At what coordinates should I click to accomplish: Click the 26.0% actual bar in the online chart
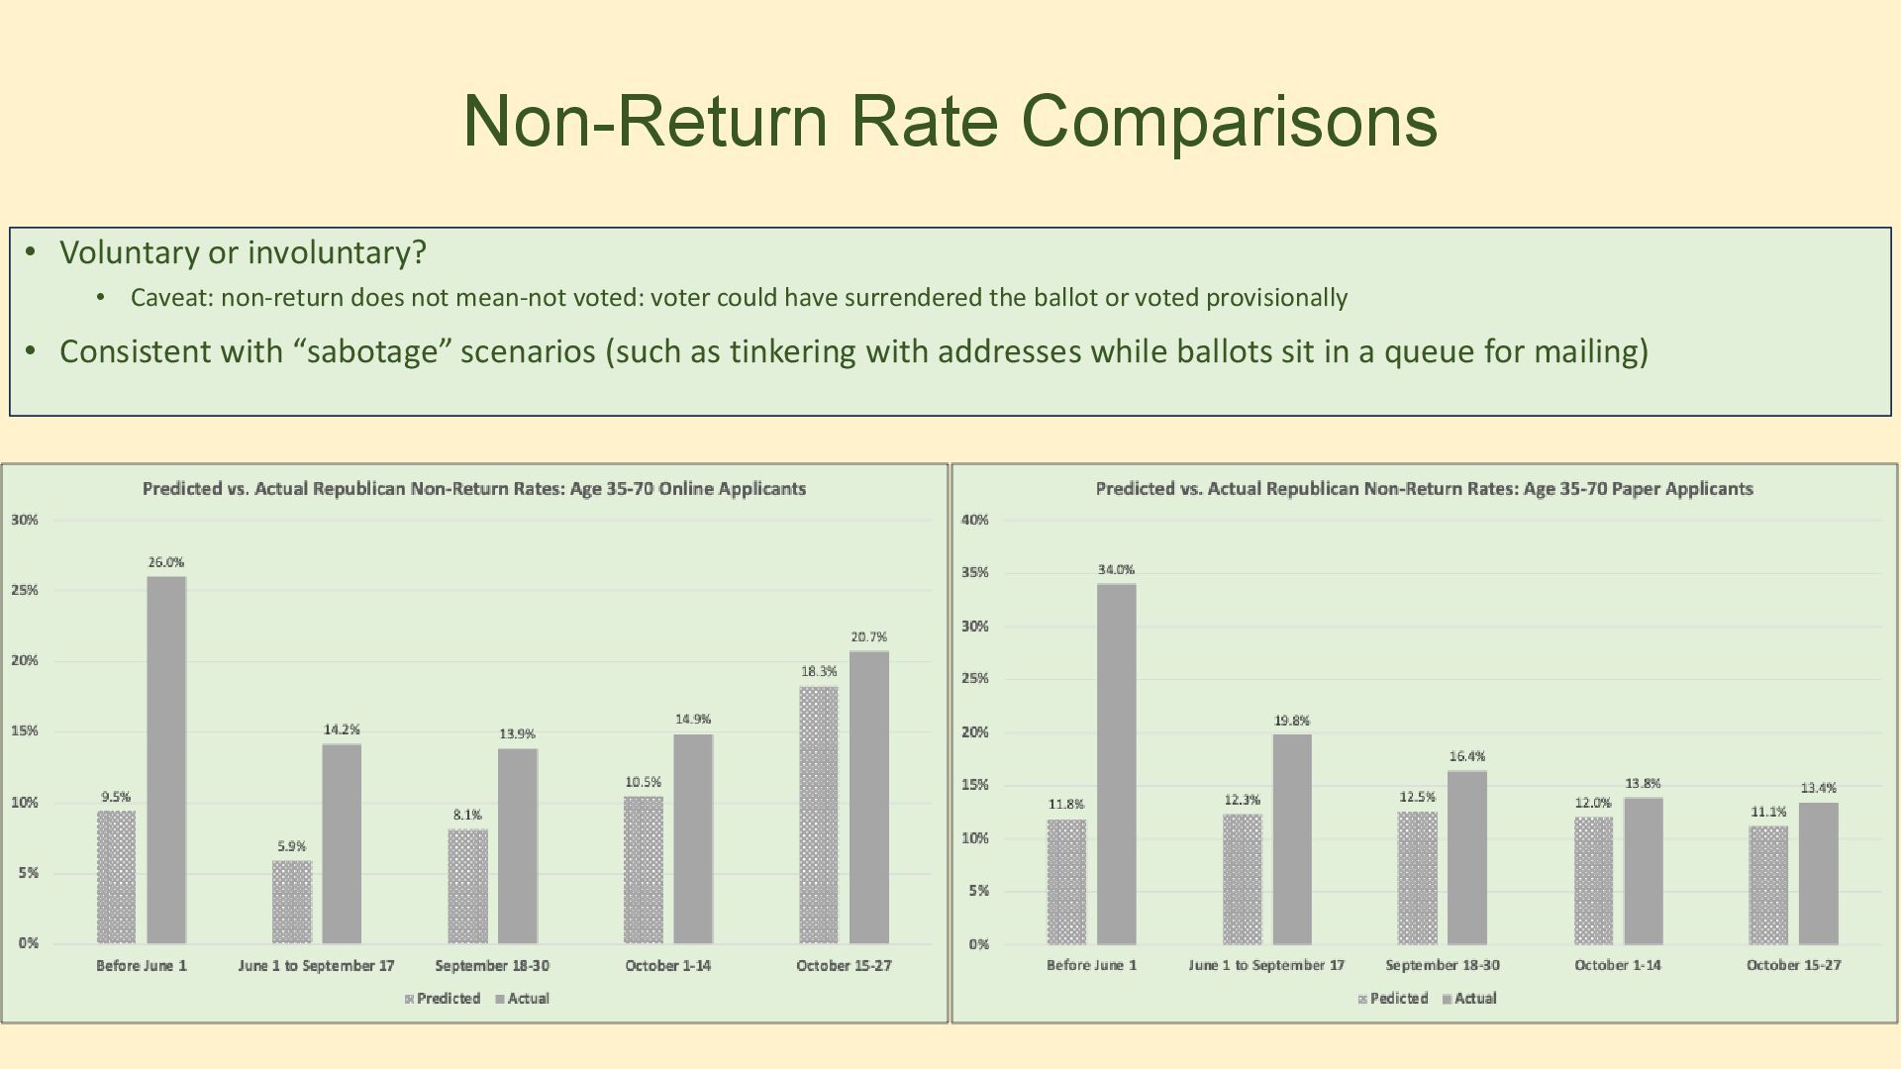pyautogui.click(x=166, y=760)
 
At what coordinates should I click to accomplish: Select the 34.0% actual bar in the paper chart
pyautogui.click(x=1117, y=764)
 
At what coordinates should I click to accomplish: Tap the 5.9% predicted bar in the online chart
pyautogui.click(x=292, y=902)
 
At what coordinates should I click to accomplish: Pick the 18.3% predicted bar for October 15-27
pyautogui.click(x=819, y=815)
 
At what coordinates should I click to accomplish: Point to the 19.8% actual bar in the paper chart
pyautogui.click(x=1292, y=839)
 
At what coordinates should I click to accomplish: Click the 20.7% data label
pyautogui.click(x=868, y=637)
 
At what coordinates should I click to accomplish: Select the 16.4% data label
pyautogui.click(x=1467, y=757)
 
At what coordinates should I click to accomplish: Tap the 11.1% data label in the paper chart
pyautogui.click(x=1768, y=813)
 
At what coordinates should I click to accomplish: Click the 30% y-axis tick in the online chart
pyautogui.click(x=25, y=520)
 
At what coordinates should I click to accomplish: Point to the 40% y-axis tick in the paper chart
pyautogui.click(x=975, y=520)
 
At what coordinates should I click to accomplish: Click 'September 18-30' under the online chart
pyautogui.click(x=492, y=966)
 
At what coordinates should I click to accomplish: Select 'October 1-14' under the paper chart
pyautogui.click(x=1618, y=965)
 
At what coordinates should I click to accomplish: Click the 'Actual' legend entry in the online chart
pyautogui.click(x=528, y=999)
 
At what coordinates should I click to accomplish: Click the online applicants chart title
pyautogui.click(x=474, y=489)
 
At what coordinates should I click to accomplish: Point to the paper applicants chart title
pyautogui.click(x=1424, y=489)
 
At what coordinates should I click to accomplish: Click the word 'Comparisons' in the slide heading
pyautogui.click(x=1229, y=121)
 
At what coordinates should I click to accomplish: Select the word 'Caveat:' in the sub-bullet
pyautogui.click(x=171, y=298)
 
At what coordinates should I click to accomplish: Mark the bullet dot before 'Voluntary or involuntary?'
pyautogui.click(x=31, y=252)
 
